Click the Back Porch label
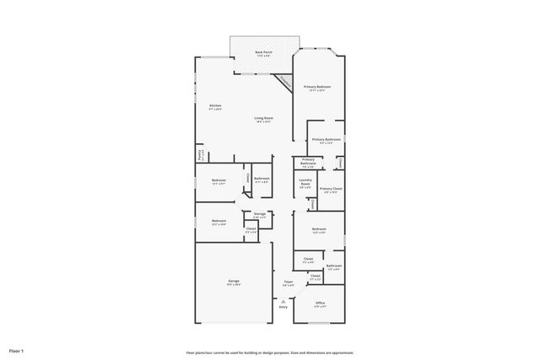point(263,51)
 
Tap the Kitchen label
point(215,105)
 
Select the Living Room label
point(263,117)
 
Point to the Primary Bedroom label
point(317,86)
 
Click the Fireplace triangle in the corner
point(285,82)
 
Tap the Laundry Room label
point(305,182)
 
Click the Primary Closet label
point(330,188)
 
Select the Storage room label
point(260,213)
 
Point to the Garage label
point(233,281)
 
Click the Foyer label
point(289,282)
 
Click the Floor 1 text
point(17,350)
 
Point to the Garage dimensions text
point(233,285)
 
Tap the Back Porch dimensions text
point(263,56)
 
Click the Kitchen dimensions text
point(215,110)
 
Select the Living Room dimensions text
point(263,122)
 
